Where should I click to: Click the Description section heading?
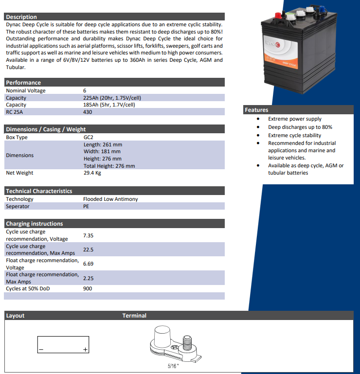tap(21, 17)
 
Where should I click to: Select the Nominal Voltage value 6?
tap(85, 90)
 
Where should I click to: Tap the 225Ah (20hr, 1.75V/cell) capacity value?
tap(112, 98)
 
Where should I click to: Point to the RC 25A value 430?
tap(88, 112)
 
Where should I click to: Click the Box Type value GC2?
tap(88, 137)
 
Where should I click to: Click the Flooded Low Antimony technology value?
tap(110, 199)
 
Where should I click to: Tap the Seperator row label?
tap(18, 206)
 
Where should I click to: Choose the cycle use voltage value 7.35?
tap(88, 235)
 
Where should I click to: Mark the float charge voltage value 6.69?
tap(88, 264)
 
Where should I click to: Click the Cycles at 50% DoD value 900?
tap(88, 288)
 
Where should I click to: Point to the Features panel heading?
tap(256, 110)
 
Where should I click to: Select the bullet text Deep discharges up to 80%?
tap(300, 127)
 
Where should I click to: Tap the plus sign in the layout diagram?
tap(85, 350)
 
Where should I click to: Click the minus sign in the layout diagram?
tap(41, 350)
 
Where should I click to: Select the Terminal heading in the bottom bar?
tap(134, 316)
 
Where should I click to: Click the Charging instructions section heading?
tap(35, 224)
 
